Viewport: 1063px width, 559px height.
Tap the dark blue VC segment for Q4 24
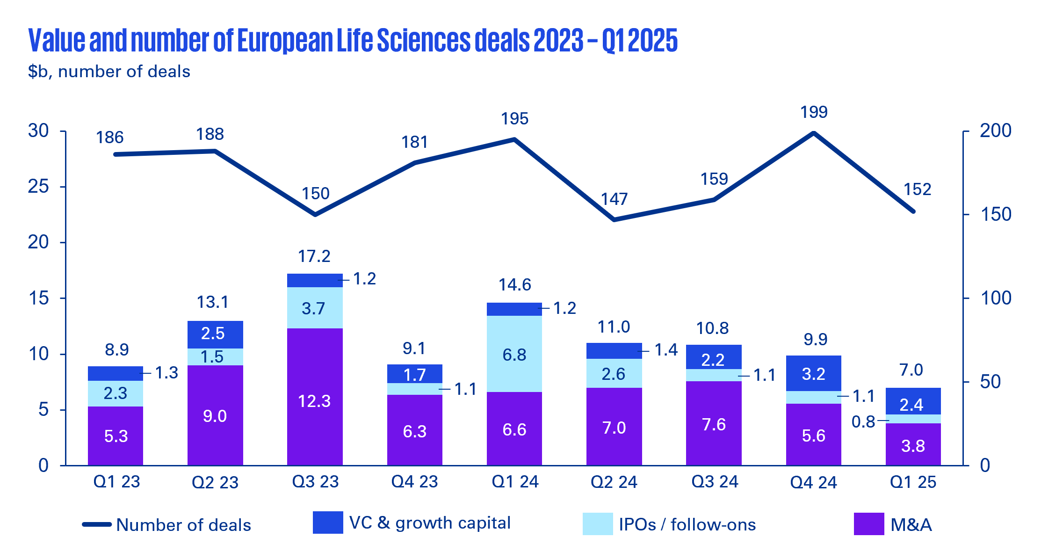[x=813, y=373]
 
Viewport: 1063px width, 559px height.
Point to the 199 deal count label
[x=814, y=112]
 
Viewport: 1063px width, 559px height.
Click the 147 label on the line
[x=614, y=199]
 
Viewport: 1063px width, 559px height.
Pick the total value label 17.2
[x=314, y=256]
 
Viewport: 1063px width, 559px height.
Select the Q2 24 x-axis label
[x=614, y=482]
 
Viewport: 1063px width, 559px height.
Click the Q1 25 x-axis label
[x=913, y=482]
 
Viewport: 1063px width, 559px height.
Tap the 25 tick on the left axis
[x=38, y=187]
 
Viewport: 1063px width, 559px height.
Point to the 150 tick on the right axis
[x=995, y=215]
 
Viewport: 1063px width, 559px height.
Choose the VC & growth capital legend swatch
[x=327, y=523]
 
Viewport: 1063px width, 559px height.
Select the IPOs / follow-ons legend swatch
[x=597, y=524]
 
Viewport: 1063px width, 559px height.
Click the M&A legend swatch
[x=868, y=524]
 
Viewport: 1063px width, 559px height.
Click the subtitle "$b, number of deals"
[x=109, y=72]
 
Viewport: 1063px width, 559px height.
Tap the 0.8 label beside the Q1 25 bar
[x=863, y=422]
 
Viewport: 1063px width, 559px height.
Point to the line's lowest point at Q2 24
[x=614, y=219]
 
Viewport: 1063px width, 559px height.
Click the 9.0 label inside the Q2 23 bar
[x=215, y=416]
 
